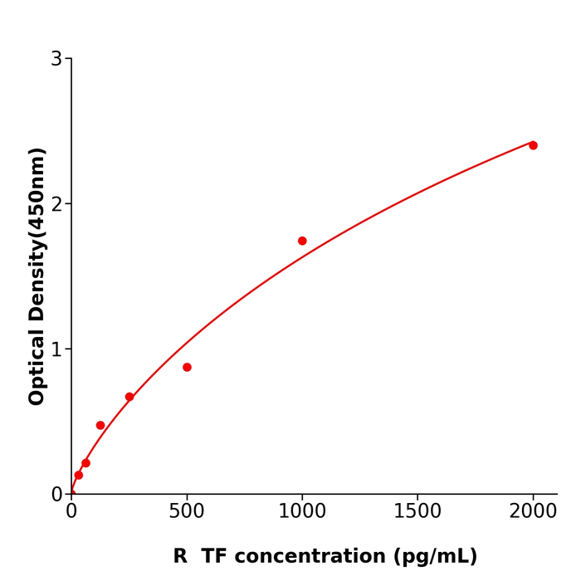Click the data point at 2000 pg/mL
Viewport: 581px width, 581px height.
[533, 145]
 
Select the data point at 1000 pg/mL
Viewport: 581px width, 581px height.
[302, 241]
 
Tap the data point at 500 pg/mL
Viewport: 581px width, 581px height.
[187, 367]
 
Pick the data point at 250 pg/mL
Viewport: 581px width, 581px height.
[129, 397]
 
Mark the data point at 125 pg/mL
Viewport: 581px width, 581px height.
[100, 425]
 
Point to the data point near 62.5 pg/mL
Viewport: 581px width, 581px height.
[85, 463]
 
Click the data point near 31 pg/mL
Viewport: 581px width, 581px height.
[79, 476]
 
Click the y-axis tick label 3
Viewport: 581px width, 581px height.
[56, 59]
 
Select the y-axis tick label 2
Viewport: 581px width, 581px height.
[56, 204]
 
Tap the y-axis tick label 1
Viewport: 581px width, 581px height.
[56, 349]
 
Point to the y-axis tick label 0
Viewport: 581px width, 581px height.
[56, 495]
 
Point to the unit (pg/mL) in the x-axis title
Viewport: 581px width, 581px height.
[434, 557]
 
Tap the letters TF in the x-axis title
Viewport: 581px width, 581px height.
[214, 557]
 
